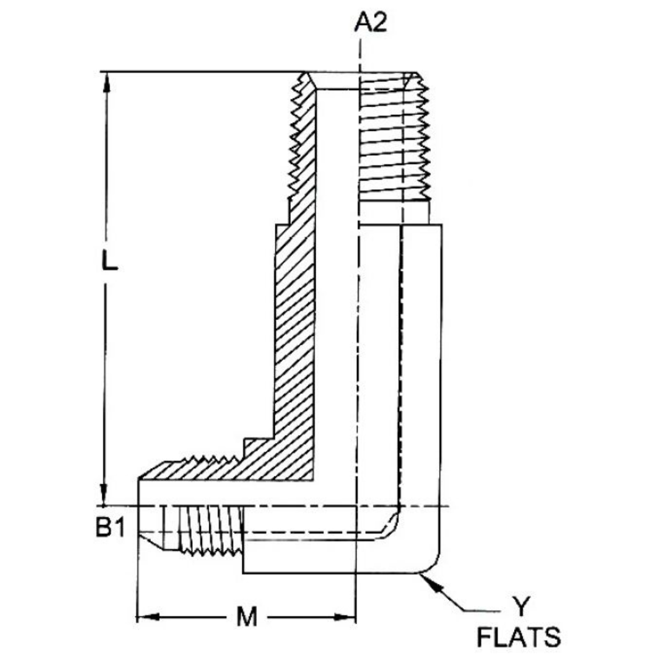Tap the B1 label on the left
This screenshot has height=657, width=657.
point(110,527)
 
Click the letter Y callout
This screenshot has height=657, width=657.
point(518,606)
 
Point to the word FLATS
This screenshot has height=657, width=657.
point(518,638)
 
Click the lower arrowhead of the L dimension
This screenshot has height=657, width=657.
point(105,496)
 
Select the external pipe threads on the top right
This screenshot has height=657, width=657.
point(395,140)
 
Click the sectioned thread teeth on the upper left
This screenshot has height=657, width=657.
point(299,140)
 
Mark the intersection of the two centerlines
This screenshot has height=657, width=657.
point(360,506)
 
